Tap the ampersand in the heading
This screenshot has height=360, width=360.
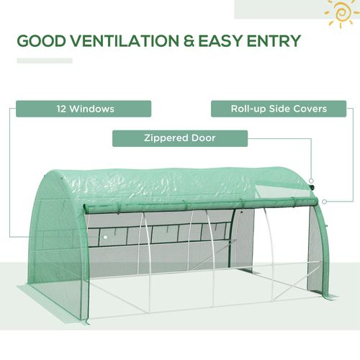(x=189, y=40)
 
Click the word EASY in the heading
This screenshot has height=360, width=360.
(x=224, y=40)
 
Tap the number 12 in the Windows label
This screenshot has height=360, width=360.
(x=62, y=109)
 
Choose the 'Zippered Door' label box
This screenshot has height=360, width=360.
(x=180, y=138)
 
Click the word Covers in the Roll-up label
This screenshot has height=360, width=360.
(x=310, y=109)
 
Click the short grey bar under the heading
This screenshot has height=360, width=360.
(x=44, y=60)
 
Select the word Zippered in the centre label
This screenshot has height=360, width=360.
(x=168, y=138)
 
